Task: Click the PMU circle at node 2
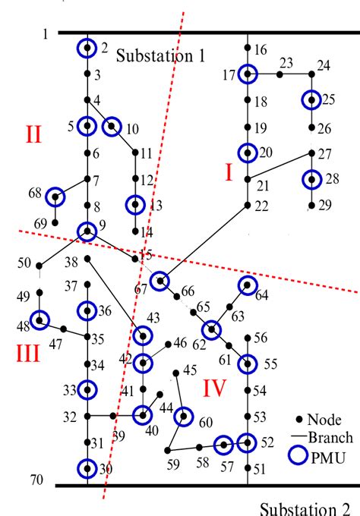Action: click(87, 49)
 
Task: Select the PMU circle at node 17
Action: click(248, 74)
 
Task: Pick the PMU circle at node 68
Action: click(55, 197)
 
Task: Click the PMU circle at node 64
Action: click(248, 285)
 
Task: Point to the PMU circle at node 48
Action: click(39, 321)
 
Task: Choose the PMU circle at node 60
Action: click(183, 417)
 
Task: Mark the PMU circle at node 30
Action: click(87, 468)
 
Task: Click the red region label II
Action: click(33, 136)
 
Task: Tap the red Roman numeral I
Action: click(228, 174)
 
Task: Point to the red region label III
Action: click(27, 354)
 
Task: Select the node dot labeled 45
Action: click(176, 373)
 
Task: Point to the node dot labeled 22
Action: click(248, 205)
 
